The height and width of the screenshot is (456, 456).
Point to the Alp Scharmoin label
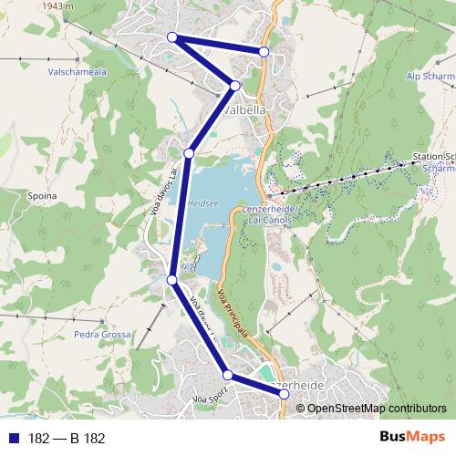click(x=430, y=77)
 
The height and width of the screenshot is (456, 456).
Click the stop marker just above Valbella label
click(x=234, y=86)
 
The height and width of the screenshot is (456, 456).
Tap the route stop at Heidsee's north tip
click(x=189, y=152)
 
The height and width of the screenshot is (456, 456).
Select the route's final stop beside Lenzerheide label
click(x=285, y=395)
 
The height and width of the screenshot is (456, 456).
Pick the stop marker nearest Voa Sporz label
click(x=227, y=375)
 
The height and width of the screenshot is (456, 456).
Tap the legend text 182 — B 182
click(x=67, y=439)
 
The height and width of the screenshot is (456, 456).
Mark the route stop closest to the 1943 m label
click(x=171, y=36)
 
